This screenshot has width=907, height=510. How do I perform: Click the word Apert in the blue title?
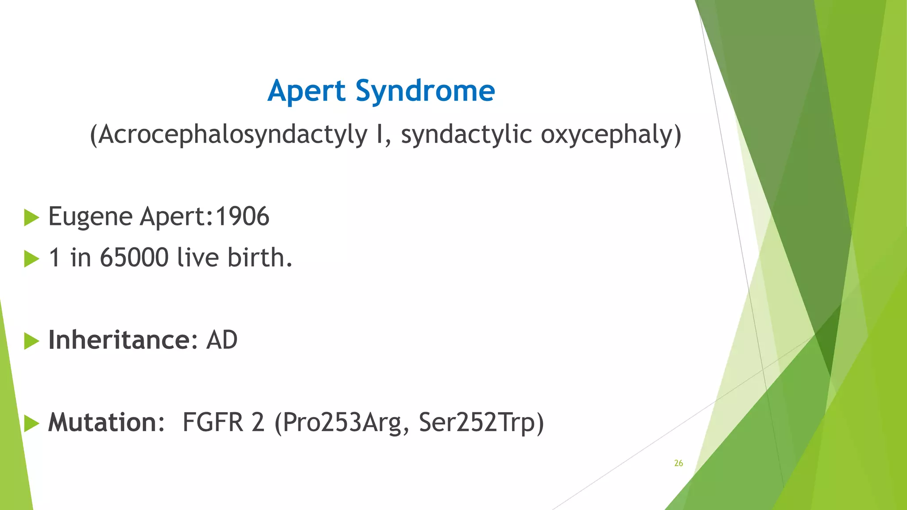(306, 91)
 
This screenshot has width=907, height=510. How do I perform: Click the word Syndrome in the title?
(425, 91)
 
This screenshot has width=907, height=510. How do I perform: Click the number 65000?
(134, 258)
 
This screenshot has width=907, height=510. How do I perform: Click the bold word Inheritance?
(119, 340)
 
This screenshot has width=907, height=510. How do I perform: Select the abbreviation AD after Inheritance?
(221, 340)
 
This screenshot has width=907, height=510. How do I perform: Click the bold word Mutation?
(102, 422)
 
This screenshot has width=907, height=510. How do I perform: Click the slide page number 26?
(678, 463)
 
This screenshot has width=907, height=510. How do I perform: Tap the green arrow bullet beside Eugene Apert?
(31, 217)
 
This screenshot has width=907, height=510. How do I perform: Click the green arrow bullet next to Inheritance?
(31, 341)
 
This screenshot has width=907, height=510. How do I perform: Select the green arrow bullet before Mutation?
(31, 423)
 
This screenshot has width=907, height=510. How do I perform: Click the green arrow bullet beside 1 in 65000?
(31, 259)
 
